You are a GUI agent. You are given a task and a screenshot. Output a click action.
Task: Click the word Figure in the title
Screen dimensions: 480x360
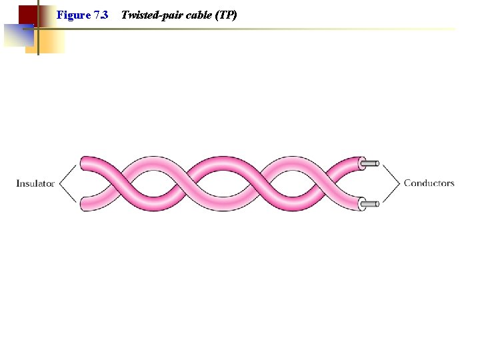(x=73, y=14)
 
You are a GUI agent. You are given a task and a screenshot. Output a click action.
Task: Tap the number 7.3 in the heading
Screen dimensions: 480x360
(x=101, y=14)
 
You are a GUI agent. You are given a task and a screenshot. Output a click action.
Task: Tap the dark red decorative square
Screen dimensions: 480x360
(x=27, y=15)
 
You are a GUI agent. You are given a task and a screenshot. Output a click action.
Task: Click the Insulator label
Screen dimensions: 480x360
(x=35, y=183)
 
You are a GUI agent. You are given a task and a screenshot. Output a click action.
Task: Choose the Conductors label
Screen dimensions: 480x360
(x=429, y=183)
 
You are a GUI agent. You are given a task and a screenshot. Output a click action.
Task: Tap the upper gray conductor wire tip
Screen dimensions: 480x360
(x=372, y=163)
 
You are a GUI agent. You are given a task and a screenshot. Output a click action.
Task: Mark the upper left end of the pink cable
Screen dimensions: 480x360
(x=85, y=163)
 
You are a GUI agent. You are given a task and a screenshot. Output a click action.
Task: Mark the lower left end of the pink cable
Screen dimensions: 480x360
(x=85, y=204)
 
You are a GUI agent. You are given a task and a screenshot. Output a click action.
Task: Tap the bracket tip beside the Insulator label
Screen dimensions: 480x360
(x=59, y=183)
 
